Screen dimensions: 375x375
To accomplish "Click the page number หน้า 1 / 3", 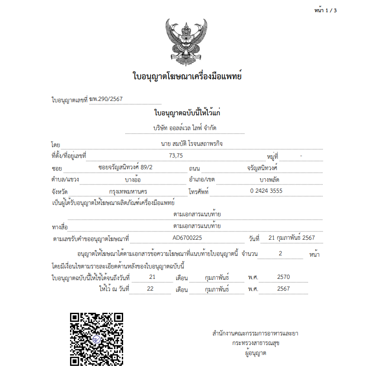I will [325, 10].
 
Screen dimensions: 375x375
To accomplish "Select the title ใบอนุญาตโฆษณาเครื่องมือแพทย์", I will [187, 77].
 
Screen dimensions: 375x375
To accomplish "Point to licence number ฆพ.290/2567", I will [106, 99].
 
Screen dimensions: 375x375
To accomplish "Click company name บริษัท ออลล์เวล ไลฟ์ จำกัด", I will [185, 128].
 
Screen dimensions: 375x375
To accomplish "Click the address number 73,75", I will [176, 155].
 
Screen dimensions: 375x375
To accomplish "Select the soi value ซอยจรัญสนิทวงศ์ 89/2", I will [126, 167].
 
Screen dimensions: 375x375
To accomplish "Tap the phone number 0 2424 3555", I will [266, 191].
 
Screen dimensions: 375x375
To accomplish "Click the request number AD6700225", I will [187, 238].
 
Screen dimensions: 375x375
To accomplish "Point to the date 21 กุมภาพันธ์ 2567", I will [292, 238].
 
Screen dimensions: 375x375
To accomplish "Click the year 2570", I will [283, 277].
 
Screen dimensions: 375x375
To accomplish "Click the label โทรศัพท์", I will [199, 191].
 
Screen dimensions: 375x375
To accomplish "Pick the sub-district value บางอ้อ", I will [132, 179].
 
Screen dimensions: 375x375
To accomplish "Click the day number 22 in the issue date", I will [151, 289].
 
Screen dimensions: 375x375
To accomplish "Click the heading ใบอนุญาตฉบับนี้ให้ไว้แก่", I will [187, 113].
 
